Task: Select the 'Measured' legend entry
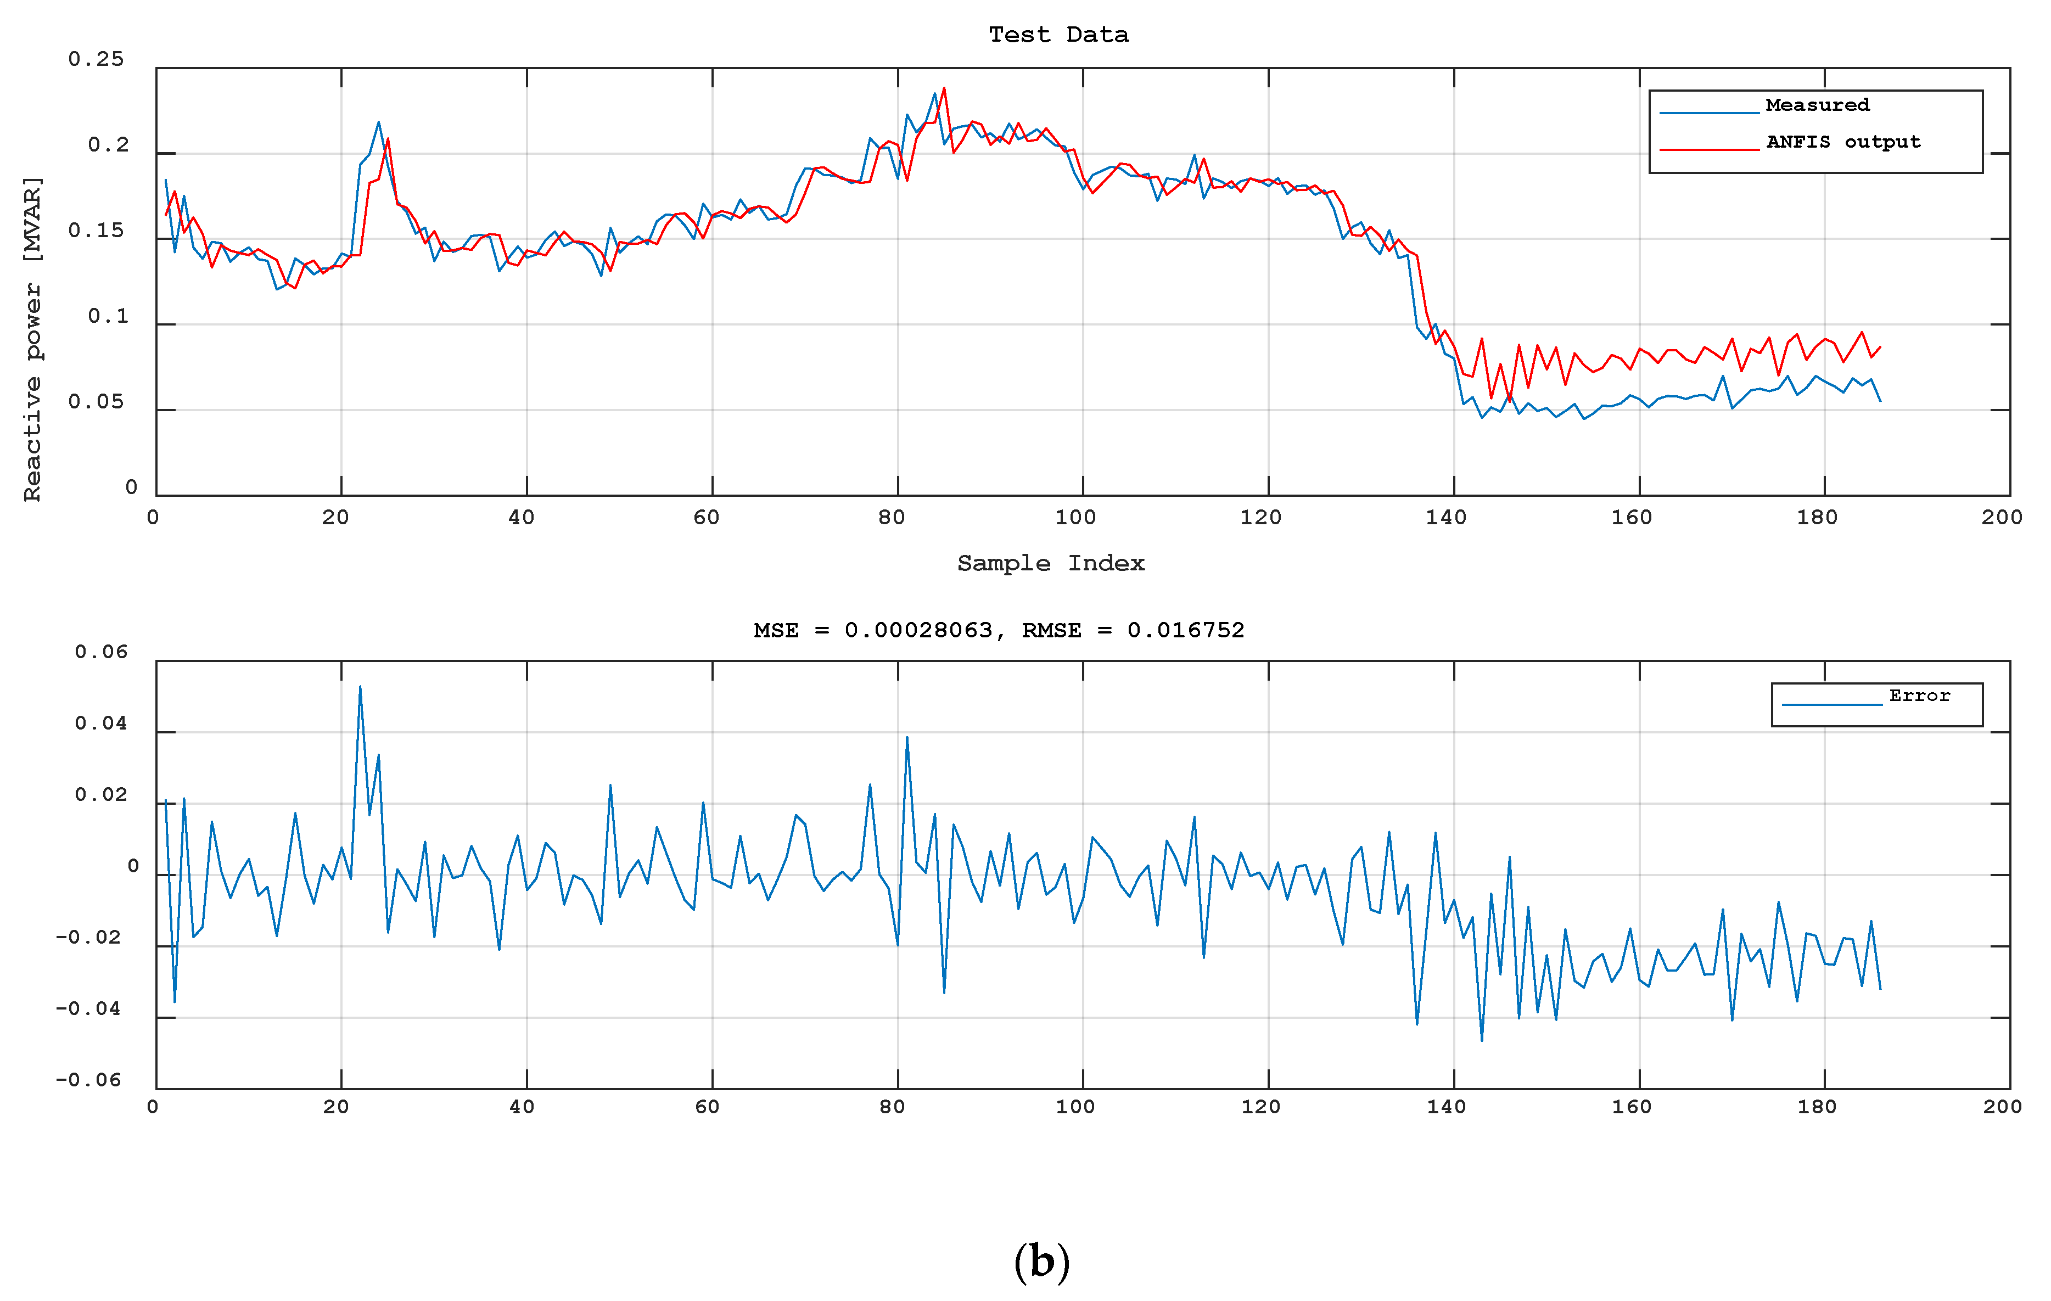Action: coord(1817,105)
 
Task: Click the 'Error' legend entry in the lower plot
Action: coord(1919,696)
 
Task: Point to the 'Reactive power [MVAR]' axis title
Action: coord(32,339)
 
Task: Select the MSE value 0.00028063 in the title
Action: coord(918,630)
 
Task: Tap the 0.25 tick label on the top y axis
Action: coord(96,59)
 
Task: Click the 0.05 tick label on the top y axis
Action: coord(96,402)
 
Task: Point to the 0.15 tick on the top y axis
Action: coord(96,231)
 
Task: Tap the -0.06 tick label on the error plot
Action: coord(88,1080)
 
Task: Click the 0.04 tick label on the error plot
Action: coord(100,724)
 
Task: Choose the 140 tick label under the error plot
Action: coord(1446,1107)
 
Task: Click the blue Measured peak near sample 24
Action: coord(379,122)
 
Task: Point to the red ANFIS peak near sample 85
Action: coord(944,88)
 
